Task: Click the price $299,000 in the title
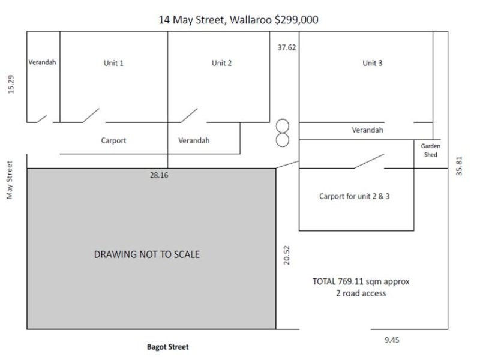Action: tap(296, 20)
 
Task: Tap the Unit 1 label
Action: tap(113, 63)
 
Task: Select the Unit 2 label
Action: tap(221, 63)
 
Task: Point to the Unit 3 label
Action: tap(372, 63)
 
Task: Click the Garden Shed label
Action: tap(430, 150)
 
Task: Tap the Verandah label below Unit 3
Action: tap(367, 130)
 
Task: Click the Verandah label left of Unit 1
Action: tap(42, 62)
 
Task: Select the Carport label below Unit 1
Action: tap(113, 140)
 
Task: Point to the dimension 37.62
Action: tap(286, 47)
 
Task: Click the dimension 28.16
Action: tap(159, 176)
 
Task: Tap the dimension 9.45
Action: tap(392, 340)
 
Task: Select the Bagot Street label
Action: tap(168, 347)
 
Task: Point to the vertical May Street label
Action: tap(10, 180)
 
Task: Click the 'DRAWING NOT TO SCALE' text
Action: tap(147, 254)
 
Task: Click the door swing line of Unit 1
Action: tap(91, 115)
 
